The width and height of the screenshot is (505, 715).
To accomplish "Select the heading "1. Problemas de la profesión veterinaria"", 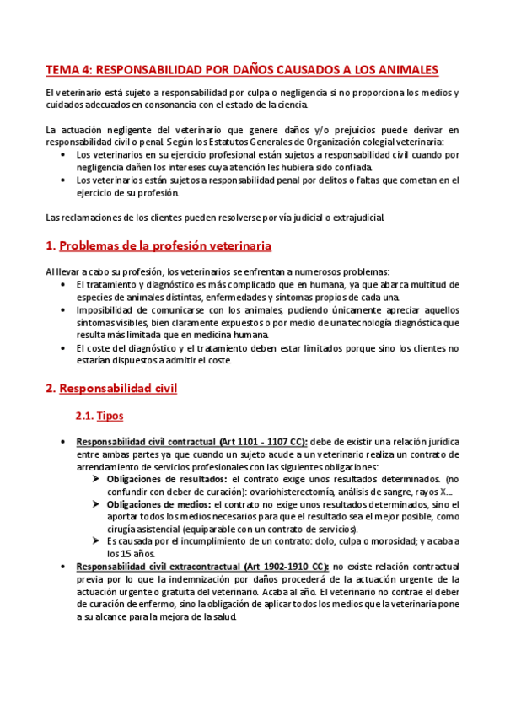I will (x=158, y=245).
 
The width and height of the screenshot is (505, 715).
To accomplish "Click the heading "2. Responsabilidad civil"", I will (x=111, y=389).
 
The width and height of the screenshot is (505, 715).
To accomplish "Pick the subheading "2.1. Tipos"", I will (x=99, y=417).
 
